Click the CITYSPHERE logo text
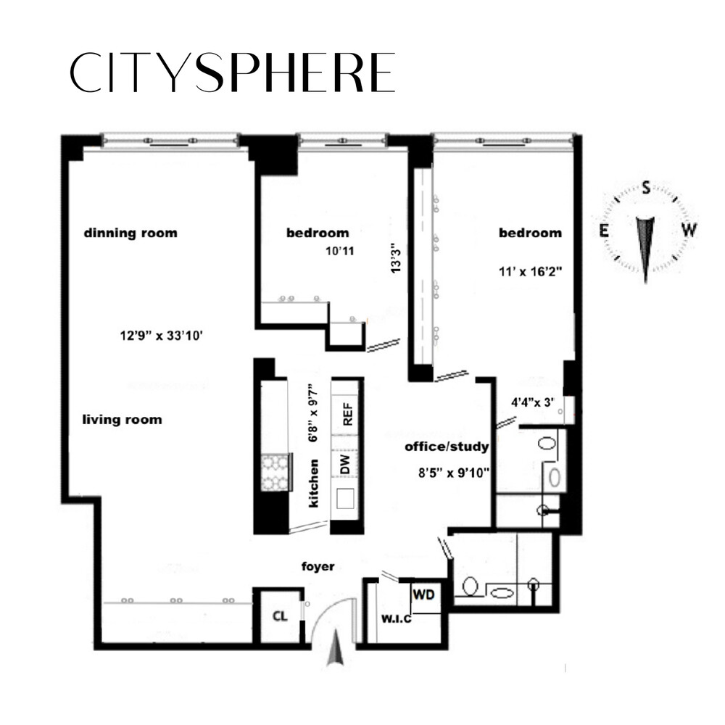[x=232, y=72]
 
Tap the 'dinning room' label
[x=130, y=233]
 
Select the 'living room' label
[x=122, y=420]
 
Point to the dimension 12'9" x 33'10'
[x=159, y=335]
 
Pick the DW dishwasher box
[x=347, y=463]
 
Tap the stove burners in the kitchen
[x=275, y=472]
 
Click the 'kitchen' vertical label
[x=315, y=484]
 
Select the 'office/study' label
[x=447, y=447]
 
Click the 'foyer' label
[x=318, y=566]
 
